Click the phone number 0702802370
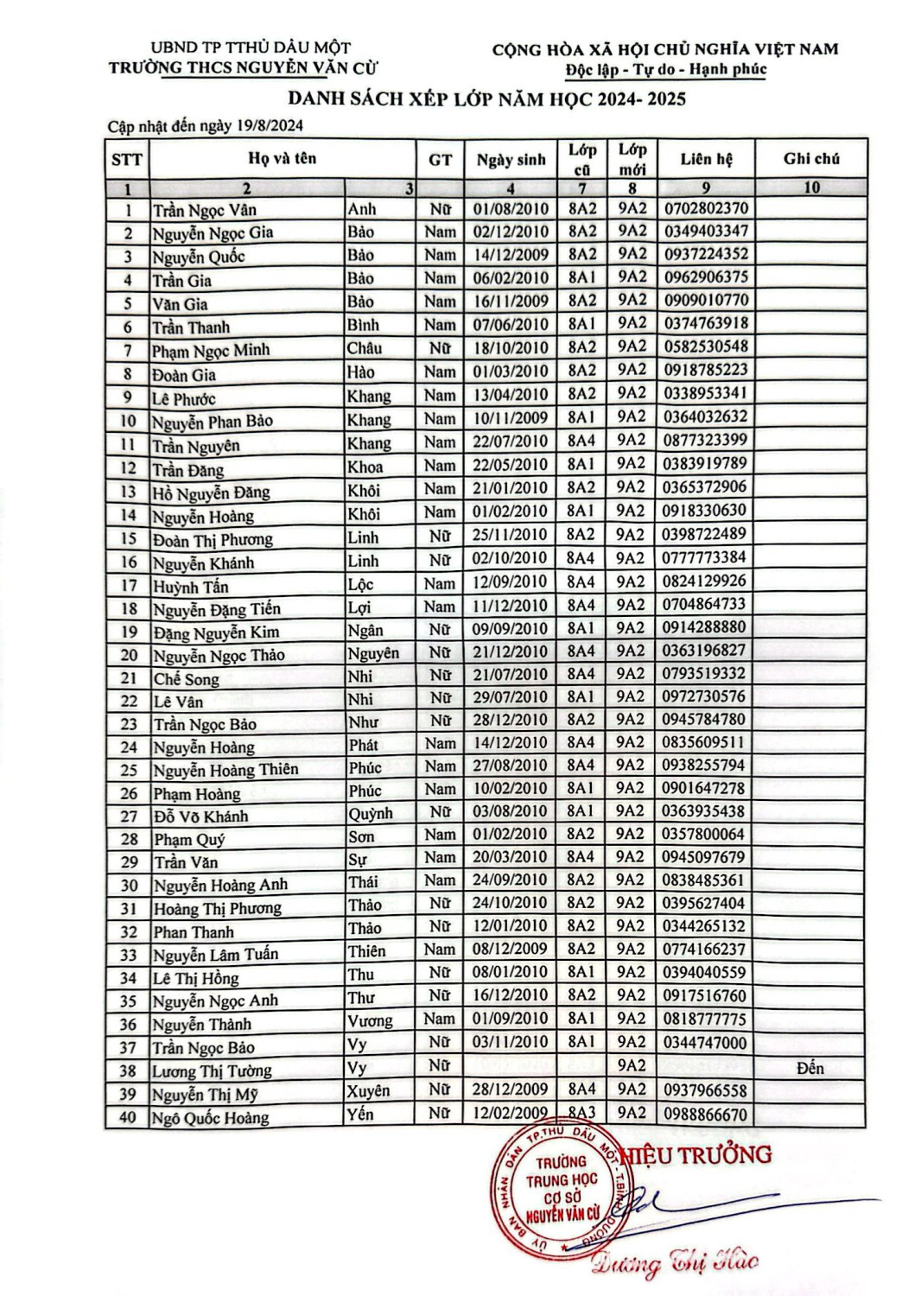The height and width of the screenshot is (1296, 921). pos(705,208)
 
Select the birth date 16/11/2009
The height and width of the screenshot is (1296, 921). pos(510,301)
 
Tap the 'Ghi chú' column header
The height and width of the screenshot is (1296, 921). pos(811,158)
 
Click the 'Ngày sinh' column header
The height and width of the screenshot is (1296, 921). pos(511,159)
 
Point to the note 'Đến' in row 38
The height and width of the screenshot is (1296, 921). pos(810,1068)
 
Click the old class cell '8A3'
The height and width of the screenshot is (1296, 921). pos(582,1113)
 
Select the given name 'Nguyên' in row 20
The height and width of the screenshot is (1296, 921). pos(373,652)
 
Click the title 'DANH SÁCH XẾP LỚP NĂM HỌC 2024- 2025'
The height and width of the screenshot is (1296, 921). pos(486,98)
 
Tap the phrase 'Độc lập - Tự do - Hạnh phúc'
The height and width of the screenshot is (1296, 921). pos(666,70)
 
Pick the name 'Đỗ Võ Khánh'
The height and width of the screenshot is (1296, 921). pos(200,816)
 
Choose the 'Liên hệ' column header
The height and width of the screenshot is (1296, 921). pos(706,159)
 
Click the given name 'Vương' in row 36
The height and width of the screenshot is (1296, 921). pos(370,1020)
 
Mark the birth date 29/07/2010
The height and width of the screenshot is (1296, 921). pos(510,696)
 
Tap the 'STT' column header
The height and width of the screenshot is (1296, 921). pos(127,160)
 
